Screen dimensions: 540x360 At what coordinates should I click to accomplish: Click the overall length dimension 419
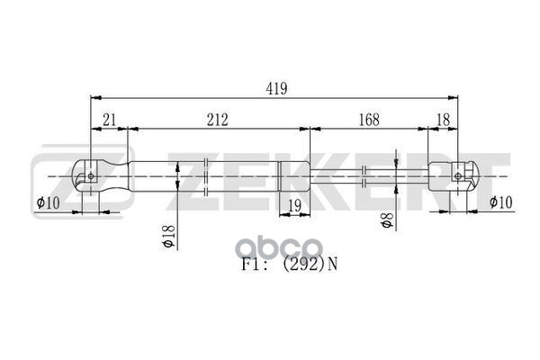[276, 89]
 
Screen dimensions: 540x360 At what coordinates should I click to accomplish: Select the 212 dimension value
[217, 121]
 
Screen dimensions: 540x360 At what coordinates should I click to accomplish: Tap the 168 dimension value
[369, 121]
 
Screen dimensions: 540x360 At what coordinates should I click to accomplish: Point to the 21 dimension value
[109, 121]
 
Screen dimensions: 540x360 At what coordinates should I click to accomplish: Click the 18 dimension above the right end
[443, 121]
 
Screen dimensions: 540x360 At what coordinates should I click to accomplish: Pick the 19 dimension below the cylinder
[294, 206]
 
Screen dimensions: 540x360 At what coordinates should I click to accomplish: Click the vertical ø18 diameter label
[169, 237]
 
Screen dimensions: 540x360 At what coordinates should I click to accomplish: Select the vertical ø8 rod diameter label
[387, 220]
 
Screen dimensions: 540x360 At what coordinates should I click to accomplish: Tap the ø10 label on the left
[49, 202]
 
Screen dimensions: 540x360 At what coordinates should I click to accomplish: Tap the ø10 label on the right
[501, 202]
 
